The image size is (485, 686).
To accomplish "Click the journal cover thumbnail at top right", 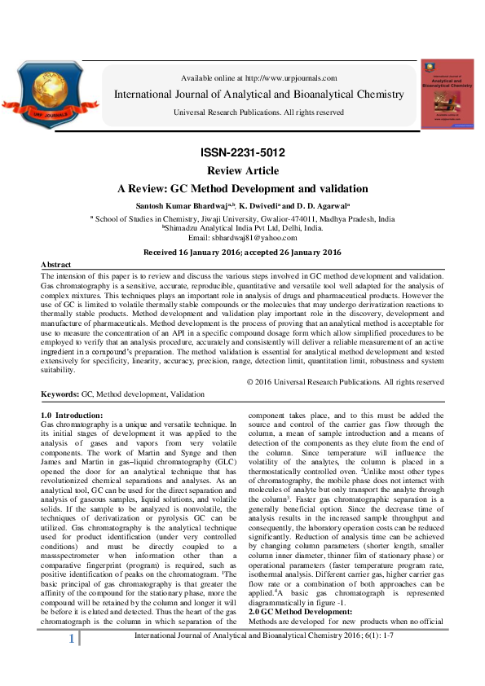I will (447, 94).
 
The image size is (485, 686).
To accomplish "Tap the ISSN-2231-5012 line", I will (243, 153).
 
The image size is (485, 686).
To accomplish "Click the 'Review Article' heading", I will (243, 170).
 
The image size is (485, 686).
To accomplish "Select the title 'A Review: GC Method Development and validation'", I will (242, 188).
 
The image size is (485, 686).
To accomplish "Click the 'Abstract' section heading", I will (55, 266).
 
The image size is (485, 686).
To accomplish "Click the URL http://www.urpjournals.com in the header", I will (291, 78).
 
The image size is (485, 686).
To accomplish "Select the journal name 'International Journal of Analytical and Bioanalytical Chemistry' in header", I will (259, 95).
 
